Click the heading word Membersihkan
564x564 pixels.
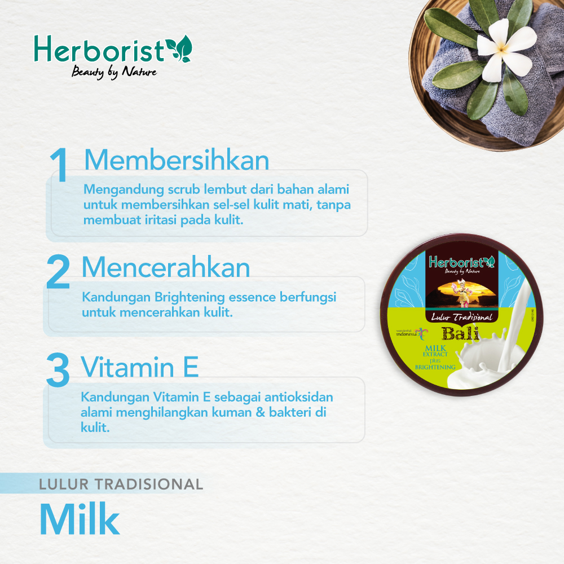[177, 160]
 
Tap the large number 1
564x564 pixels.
[59, 166]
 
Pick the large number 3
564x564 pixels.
[58, 371]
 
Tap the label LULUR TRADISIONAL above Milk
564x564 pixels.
[121, 484]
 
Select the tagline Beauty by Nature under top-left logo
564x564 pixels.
[113, 72]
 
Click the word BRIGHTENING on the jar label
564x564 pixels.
[435, 367]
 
